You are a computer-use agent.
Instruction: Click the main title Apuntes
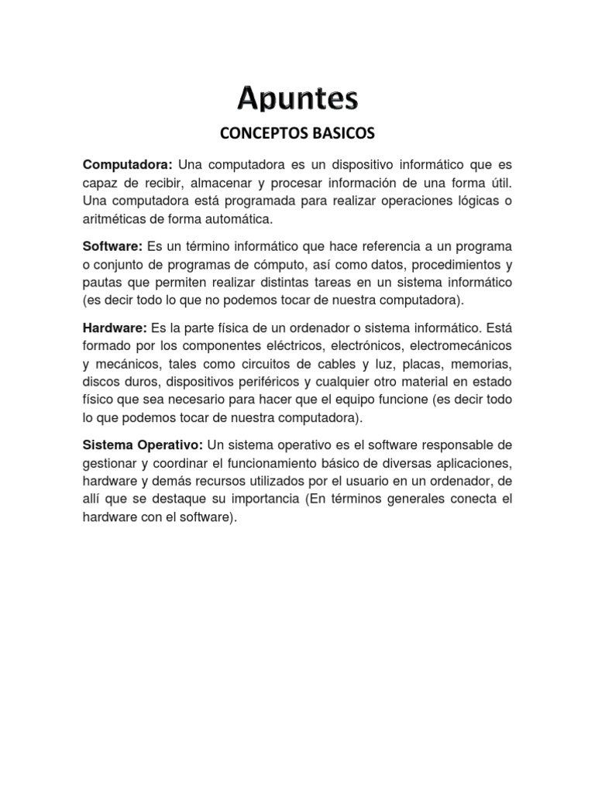[297, 98]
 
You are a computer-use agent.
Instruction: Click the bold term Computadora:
[127, 166]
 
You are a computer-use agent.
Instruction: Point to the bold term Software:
[112, 246]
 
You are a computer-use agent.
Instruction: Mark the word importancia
[263, 498]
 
